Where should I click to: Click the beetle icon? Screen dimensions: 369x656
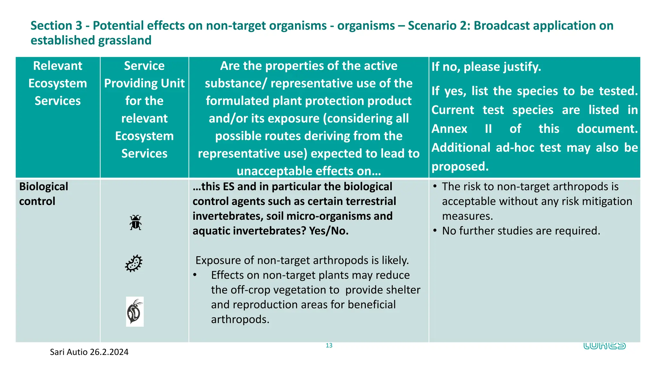(135, 223)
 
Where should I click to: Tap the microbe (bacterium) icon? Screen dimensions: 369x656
(134, 263)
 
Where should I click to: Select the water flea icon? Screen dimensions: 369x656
(135, 312)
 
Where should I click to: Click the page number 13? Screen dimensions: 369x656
(329, 346)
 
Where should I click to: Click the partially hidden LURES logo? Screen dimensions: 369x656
(604, 346)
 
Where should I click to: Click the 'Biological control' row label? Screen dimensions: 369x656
(44, 194)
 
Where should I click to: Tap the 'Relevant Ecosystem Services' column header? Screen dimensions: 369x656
(58, 83)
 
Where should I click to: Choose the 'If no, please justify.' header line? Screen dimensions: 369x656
(486, 67)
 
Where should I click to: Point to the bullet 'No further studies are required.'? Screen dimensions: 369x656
(521, 231)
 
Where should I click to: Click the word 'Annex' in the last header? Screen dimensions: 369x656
(449, 129)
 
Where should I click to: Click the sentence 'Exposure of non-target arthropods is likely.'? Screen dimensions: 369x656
(302, 260)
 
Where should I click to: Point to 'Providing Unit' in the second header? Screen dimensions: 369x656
(144, 83)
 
